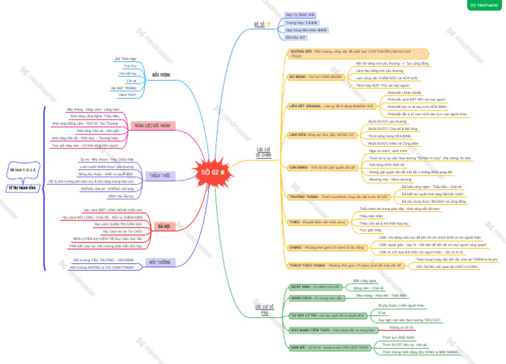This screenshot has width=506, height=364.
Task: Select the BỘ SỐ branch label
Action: click(x=260, y=24)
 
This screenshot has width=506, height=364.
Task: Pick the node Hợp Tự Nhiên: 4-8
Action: click(x=300, y=14)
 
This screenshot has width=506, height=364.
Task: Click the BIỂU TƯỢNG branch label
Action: click(x=161, y=75)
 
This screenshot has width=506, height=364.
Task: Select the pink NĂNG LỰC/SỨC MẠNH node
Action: click(x=152, y=124)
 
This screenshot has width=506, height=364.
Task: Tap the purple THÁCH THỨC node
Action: click(x=160, y=176)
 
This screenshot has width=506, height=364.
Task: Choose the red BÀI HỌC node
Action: click(x=164, y=226)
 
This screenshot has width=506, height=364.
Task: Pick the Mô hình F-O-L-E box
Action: click(x=21, y=169)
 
